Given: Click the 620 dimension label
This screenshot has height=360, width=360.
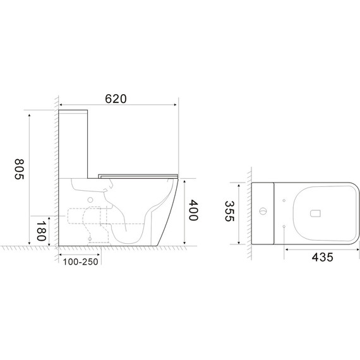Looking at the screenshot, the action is click(x=116, y=99).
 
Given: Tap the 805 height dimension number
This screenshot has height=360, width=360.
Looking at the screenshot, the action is click(x=20, y=169).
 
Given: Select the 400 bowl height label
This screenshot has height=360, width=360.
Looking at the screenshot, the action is click(x=193, y=210).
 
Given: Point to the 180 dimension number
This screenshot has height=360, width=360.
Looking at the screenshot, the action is click(x=41, y=231).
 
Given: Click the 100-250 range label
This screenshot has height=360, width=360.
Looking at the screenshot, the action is click(x=81, y=261).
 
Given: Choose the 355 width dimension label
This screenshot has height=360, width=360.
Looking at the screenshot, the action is click(x=229, y=211).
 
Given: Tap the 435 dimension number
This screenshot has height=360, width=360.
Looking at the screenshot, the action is click(x=322, y=257).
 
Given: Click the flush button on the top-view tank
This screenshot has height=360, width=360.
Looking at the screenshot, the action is click(x=263, y=211).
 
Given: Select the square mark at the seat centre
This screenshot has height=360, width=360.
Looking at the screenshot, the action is click(x=315, y=213).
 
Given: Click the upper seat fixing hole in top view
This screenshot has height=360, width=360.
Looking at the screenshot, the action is click(x=284, y=200).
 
